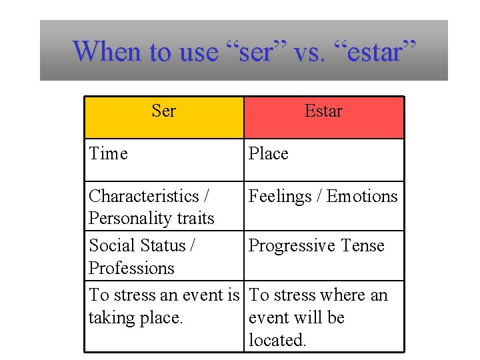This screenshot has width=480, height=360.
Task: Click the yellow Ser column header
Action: coord(163,117)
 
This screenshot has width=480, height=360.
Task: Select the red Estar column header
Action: coord(323,117)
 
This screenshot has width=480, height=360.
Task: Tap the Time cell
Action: coord(108,154)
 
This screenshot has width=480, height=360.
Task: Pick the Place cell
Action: coord(268,154)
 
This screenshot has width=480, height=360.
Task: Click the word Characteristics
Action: coord(145,196)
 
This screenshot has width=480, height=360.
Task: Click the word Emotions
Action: coord(361,196)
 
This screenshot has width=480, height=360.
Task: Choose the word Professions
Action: coord(131,268)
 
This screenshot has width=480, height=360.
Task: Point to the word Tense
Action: coord(362,245)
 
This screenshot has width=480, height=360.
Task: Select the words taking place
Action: coord(135,318)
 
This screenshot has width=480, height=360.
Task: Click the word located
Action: coord(277,341)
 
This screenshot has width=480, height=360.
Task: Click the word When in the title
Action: coord(107,51)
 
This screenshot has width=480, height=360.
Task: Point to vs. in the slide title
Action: coord(308,51)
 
